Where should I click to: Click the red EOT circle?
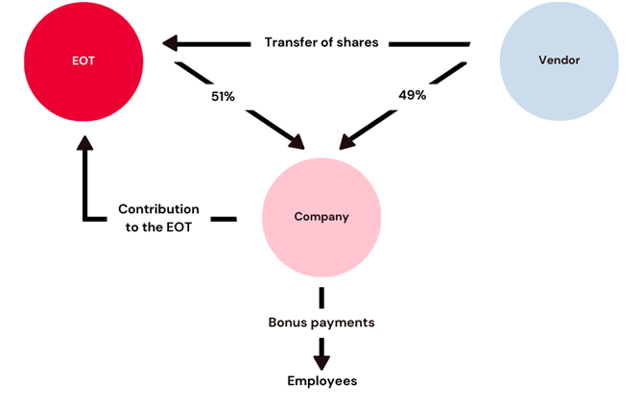click(x=83, y=61)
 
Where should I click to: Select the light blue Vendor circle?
click(x=558, y=61)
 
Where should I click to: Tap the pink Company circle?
click(x=321, y=218)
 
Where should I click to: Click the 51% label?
click(x=223, y=97)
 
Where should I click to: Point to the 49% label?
click(x=412, y=95)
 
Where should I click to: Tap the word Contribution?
click(x=158, y=209)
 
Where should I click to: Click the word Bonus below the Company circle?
click(x=286, y=322)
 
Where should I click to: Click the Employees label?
click(x=322, y=381)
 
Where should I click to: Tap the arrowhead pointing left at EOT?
click(x=170, y=43)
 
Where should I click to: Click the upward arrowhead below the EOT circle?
click(x=85, y=143)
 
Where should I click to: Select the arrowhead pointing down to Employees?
click(x=321, y=363)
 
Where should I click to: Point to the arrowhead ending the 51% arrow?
click(x=297, y=142)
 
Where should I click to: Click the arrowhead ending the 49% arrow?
click(x=347, y=142)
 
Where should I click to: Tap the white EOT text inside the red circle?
click(x=83, y=60)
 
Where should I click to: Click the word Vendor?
click(x=558, y=60)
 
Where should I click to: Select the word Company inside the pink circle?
click(x=321, y=217)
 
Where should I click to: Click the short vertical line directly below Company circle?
click(x=321, y=298)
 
